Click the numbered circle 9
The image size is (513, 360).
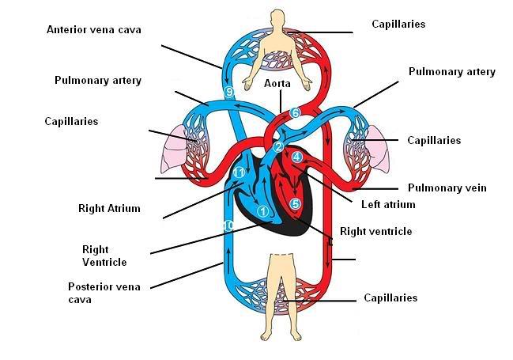coord(230,92)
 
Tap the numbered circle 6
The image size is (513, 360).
coord(295,112)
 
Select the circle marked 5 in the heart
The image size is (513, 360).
coord(295,204)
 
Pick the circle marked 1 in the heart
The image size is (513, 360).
coord(262,211)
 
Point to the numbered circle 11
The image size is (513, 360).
coord(240,172)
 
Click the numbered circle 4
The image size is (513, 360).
coord(296,157)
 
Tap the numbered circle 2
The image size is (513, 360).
coord(278,147)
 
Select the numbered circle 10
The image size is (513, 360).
coord(228,225)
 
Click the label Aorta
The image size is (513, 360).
coord(277,83)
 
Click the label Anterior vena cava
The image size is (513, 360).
coord(94,29)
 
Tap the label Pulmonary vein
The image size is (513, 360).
coord(447,188)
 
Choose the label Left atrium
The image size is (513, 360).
coord(388,204)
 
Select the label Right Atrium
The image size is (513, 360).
coord(109,208)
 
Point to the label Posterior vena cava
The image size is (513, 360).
coord(104,293)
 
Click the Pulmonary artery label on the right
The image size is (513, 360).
coord(452,72)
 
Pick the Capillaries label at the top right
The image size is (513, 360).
coord(398,24)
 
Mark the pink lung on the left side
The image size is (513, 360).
coord(174,150)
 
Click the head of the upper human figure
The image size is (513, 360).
coord(277,18)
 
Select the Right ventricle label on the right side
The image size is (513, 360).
coord(376,231)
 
